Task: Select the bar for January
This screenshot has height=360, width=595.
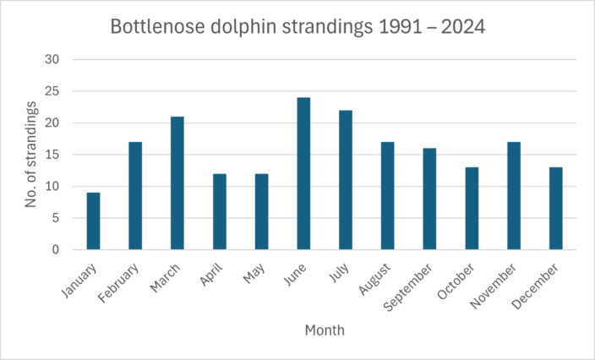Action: click(93, 221)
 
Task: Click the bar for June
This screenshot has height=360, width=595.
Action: click(303, 173)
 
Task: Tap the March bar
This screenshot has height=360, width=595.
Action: click(177, 183)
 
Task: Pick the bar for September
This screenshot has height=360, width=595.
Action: click(429, 199)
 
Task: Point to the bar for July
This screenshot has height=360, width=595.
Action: click(346, 180)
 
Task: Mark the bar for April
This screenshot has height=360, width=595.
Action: click(220, 212)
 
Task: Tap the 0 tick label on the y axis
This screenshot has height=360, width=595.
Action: click(55, 250)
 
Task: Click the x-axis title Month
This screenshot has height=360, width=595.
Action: click(325, 330)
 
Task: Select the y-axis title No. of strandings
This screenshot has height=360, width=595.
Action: click(31, 154)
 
